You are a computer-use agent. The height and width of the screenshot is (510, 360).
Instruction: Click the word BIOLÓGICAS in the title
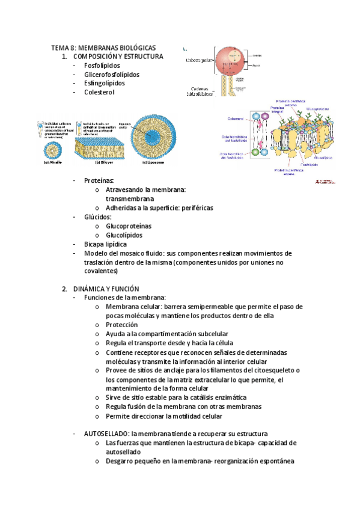[130, 48]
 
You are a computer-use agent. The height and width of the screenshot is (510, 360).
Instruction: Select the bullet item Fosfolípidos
[102, 66]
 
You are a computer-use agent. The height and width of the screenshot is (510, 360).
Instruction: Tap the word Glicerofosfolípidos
[112, 75]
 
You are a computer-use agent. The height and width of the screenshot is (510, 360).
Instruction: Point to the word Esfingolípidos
[105, 84]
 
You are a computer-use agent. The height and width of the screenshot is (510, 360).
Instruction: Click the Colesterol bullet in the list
[99, 93]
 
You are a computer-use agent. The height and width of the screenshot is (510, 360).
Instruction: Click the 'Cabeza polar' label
[200, 60]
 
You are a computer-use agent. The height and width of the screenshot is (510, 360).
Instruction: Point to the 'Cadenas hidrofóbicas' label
[200, 91]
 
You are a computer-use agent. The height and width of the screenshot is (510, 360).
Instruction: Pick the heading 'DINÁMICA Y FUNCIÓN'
[106, 289]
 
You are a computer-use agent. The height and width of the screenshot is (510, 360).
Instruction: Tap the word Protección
[121, 325]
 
